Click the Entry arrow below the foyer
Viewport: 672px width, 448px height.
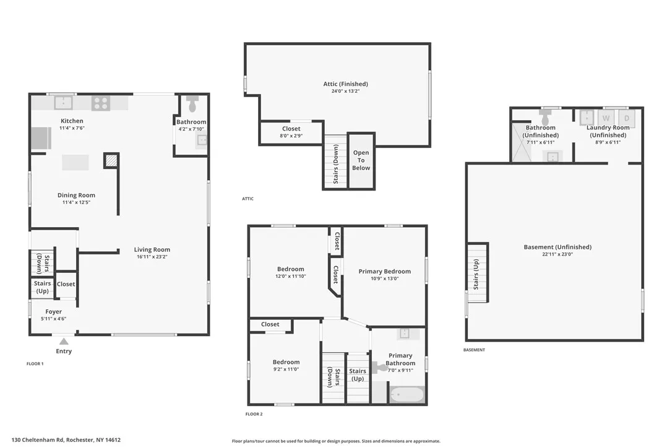(64, 340)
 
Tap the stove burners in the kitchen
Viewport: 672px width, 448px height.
(100, 102)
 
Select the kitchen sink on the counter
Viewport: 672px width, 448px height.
(63, 102)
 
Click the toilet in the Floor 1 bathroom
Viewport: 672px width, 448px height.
(192, 101)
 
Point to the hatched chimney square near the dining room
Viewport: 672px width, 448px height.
(111, 161)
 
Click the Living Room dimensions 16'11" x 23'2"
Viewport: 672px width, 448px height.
(152, 256)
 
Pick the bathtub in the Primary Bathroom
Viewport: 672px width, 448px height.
(406, 394)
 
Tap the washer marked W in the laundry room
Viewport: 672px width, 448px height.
(606, 118)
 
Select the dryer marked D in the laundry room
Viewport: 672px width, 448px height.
(626, 118)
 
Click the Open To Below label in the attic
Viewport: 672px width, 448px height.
(361, 160)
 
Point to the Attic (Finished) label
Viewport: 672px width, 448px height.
(345, 84)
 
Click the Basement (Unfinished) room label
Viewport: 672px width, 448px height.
(558, 247)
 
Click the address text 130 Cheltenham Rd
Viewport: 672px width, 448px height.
(66, 440)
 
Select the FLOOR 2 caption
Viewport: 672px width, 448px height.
(254, 414)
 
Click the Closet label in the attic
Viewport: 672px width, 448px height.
(291, 129)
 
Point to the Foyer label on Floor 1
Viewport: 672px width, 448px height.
(53, 312)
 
